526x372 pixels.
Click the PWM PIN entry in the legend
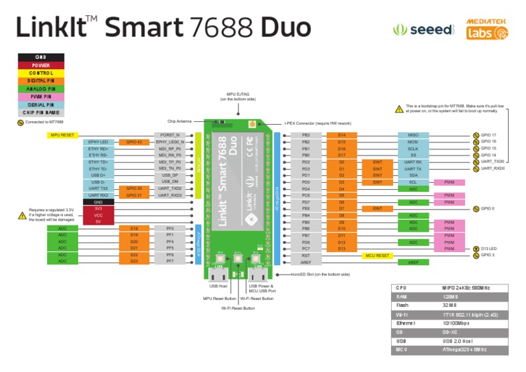point(41,97)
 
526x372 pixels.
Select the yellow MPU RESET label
point(62,135)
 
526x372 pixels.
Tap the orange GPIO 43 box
point(134,142)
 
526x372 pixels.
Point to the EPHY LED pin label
point(99,142)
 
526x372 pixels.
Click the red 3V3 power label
point(99,208)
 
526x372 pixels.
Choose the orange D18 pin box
point(134,228)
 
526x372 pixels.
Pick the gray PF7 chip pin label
point(170,261)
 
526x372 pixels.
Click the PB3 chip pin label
point(306,135)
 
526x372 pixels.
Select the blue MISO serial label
point(413,135)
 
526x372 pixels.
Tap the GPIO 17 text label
point(488,135)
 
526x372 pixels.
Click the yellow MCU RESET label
point(377,255)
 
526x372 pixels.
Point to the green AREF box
point(413,262)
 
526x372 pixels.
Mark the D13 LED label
point(488,248)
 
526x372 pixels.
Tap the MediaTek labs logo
point(487,30)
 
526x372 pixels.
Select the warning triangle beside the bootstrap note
point(399,109)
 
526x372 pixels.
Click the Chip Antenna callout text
point(179,121)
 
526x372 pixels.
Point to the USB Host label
point(218,286)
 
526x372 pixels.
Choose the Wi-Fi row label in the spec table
point(403,314)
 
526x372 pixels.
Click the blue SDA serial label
point(413,175)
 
